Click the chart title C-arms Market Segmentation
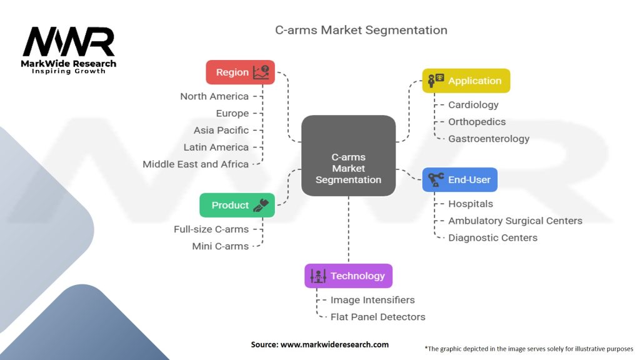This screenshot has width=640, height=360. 361,30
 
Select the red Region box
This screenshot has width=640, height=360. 240,72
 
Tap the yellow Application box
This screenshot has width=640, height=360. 466,81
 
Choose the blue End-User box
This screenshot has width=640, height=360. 460,179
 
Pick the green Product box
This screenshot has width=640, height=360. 237,205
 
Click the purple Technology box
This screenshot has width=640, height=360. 348,276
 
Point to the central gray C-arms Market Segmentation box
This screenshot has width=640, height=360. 348,169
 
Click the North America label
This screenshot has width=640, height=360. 214,96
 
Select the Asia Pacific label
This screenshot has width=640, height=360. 221,130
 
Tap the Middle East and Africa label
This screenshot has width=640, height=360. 196,164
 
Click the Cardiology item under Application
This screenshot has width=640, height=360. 473,105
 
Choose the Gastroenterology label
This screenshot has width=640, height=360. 489,139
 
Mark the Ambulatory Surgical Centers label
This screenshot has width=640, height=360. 515,221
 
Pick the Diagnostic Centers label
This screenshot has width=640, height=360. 492,237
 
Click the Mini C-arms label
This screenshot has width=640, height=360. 220,246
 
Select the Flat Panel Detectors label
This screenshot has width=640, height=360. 377,317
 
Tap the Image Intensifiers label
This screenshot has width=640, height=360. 372,300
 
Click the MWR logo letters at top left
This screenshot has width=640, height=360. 69,42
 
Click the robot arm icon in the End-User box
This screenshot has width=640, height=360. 436,179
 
